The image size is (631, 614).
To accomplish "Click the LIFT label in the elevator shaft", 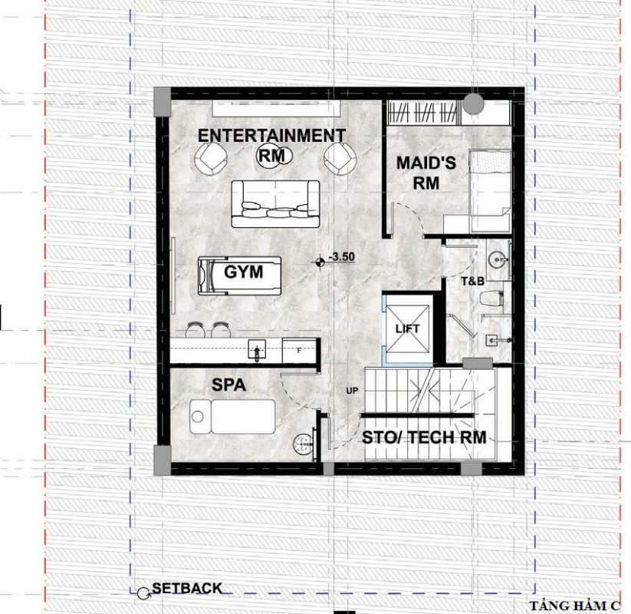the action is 407,328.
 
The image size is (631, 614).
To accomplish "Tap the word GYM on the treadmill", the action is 244,272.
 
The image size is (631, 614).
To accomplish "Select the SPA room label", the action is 228,385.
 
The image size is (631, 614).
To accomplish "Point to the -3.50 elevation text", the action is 342,257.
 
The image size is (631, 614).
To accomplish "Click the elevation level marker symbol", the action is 320,262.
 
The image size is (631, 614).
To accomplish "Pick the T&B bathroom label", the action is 472,281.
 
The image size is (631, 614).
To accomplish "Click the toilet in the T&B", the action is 491,299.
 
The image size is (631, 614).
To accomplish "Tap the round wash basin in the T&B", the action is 498,260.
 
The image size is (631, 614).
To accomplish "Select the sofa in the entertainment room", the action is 275,204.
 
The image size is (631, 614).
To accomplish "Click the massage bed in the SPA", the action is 232,417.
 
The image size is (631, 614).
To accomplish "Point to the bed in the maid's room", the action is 490,191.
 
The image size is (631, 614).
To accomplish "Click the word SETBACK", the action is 187,588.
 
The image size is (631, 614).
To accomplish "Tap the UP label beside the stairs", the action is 352,391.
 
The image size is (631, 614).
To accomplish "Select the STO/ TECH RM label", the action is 424,437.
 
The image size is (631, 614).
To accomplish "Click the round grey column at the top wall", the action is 473,104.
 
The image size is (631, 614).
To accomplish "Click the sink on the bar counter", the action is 257,351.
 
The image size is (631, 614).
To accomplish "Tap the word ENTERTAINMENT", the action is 271,135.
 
